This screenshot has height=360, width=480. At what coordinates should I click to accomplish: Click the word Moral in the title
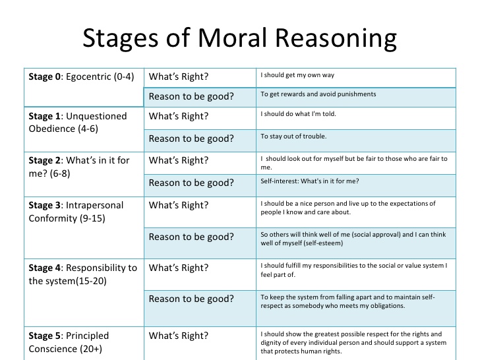232,38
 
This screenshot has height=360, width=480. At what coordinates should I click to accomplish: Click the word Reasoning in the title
336,39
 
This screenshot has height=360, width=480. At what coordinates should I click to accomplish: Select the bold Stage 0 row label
45,76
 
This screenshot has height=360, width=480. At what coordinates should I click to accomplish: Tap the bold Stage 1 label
45,116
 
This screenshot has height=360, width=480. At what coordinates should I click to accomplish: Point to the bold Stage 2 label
45,160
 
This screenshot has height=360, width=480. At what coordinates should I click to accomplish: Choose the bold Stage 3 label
45,205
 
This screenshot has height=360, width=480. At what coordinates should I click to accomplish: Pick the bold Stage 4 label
45,268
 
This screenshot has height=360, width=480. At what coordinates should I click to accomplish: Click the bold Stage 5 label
45,336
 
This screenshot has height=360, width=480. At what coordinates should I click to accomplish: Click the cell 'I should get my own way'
297,75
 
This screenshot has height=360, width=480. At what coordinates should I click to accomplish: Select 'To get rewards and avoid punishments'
318,94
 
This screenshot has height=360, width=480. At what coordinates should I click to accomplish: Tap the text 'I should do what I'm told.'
298,114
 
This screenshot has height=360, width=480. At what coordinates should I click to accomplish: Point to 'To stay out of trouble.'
293,136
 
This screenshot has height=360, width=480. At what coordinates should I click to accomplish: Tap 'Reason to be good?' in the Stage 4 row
191,299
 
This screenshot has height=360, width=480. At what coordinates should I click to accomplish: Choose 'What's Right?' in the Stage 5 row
179,336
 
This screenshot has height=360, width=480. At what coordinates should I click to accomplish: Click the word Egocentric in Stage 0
88,77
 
